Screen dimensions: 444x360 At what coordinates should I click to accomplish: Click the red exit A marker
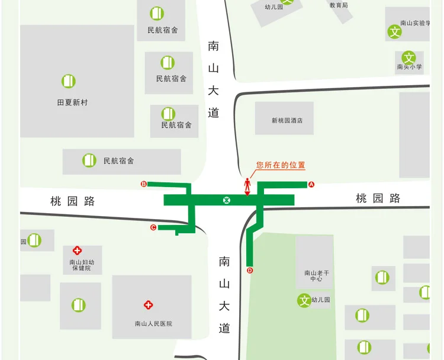(x=311, y=184)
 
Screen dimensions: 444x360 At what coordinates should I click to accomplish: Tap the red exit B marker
(x=143, y=184)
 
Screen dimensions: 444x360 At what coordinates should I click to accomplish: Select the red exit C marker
(x=153, y=227)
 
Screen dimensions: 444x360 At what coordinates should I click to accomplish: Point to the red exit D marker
(x=249, y=271)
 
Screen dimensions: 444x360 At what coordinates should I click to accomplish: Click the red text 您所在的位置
(x=281, y=166)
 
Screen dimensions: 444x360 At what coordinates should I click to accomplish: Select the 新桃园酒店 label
(x=287, y=121)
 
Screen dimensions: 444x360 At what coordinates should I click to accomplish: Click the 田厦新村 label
(x=72, y=102)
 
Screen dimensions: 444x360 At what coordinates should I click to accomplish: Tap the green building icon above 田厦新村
(x=69, y=81)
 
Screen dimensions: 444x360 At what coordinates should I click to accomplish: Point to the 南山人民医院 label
(x=153, y=324)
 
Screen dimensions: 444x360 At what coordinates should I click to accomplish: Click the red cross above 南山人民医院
(x=149, y=305)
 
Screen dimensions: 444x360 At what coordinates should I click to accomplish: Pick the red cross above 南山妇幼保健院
(x=77, y=251)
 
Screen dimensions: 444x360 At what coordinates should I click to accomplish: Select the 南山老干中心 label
(x=314, y=275)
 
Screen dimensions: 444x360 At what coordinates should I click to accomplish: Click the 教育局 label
(x=339, y=5)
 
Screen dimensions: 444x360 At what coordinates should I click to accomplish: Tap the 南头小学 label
(x=410, y=67)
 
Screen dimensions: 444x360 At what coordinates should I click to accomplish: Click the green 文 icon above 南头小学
(x=409, y=57)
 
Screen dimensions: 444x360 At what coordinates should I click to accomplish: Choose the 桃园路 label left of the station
(x=73, y=201)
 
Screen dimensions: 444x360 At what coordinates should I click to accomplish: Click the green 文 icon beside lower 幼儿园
(x=304, y=300)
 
